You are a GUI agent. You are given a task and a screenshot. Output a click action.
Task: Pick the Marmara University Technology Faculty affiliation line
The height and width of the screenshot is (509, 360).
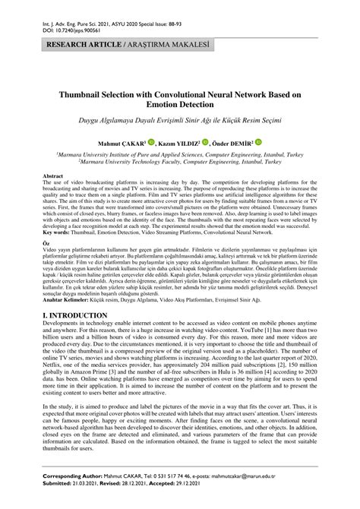coord(180,161)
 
